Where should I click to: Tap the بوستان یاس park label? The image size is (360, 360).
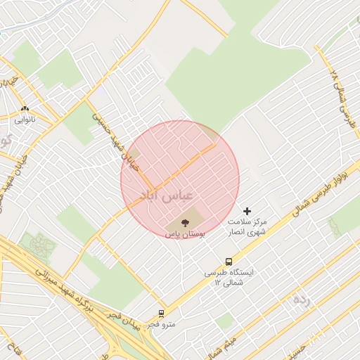(x=185, y=233)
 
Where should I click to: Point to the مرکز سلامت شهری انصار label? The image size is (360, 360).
(x=247, y=226)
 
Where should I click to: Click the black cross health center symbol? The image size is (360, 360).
(x=247, y=211)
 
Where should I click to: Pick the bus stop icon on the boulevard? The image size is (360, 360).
(x=228, y=262)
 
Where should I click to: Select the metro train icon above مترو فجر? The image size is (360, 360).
(x=162, y=314)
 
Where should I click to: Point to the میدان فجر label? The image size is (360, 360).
(x=122, y=320)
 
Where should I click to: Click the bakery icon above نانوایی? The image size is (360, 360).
(x=26, y=109)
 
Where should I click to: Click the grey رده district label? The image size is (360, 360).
(x=301, y=300)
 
